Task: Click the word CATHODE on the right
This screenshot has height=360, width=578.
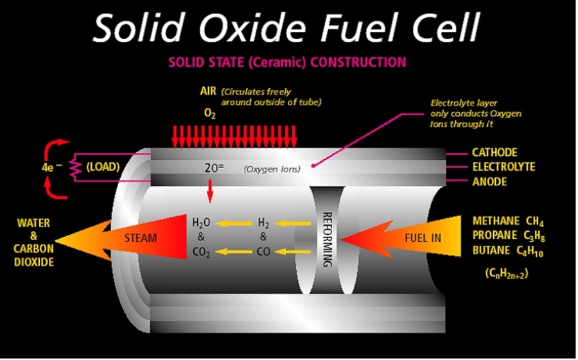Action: (x=494, y=153)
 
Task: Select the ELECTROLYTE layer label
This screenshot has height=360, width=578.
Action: (x=503, y=167)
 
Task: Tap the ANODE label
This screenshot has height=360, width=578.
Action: (x=489, y=182)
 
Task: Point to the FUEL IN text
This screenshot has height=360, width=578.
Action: (x=423, y=238)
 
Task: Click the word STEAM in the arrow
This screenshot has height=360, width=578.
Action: (x=140, y=238)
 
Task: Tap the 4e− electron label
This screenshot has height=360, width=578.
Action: (x=51, y=167)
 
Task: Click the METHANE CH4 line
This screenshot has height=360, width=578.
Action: (x=508, y=221)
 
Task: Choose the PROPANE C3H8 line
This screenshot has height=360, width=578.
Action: (x=508, y=236)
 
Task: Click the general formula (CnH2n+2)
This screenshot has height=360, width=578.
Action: (x=507, y=273)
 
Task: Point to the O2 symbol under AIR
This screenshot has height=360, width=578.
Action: (x=209, y=114)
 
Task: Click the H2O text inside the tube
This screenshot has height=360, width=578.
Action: (x=202, y=223)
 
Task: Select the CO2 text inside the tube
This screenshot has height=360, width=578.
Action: (x=202, y=252)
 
